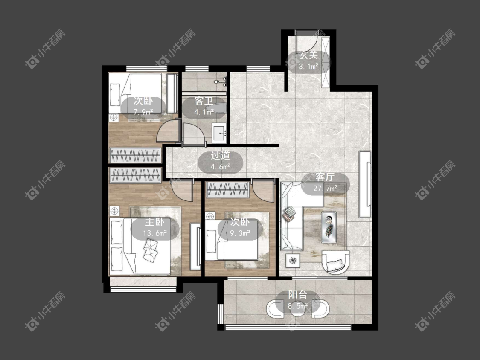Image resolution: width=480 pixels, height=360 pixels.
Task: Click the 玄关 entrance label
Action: [308, 55]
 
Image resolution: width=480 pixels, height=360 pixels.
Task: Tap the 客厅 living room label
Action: [325, 177]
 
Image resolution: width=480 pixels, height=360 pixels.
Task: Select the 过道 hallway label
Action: [220, 156]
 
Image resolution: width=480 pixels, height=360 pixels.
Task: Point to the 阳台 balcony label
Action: [297, 295]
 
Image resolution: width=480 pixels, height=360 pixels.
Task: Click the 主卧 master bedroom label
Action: [154, 222]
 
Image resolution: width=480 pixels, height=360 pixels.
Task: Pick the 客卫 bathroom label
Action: [204, 101]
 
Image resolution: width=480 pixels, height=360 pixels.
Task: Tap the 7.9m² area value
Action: [143, 112]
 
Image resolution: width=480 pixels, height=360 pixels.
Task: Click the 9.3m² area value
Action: [240, 233]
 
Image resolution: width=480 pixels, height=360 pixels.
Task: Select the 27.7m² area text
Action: [325, 188]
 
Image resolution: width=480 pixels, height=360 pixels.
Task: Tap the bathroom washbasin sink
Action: [219, 133]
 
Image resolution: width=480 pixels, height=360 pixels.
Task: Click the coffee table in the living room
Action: [329, 227]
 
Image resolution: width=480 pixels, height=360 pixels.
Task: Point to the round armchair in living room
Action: [335, 261]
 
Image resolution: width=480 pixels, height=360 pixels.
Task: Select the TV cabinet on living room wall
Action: [365, 184]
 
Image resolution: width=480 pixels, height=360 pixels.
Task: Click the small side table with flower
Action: [293, 261]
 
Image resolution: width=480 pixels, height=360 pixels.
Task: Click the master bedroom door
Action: [183, 190]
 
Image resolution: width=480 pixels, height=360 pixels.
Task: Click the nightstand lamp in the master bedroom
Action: [114, 211]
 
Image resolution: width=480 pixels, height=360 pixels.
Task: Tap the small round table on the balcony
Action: [297, 308]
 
